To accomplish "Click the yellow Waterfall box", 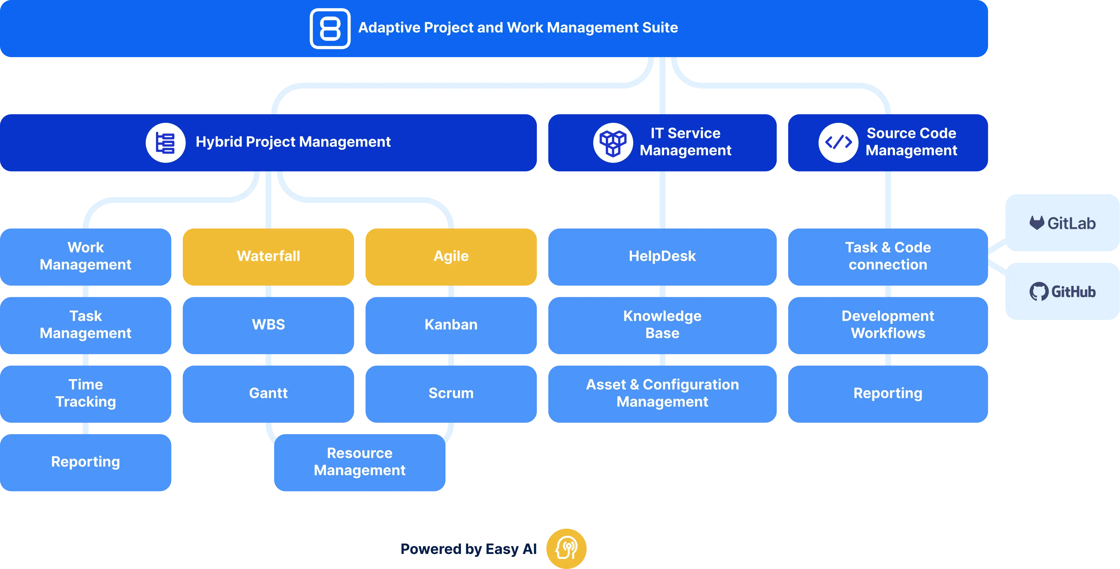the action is (268, 257).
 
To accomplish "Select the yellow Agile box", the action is (451, 257).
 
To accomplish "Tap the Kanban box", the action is (451, 325).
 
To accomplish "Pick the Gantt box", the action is (268, 394).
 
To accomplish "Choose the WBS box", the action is (268, 325).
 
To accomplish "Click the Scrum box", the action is (451, 394).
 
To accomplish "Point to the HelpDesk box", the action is (662, 257).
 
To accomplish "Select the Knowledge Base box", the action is (662, 325).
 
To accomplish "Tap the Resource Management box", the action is (360, 462).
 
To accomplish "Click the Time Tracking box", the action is (86, 394).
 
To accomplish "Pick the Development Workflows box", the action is (888, 325).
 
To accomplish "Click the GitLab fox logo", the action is (1037, 223).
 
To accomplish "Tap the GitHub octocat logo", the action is (1039, 292).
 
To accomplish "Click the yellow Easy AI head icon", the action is (566, 549).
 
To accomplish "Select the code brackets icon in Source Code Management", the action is (838, 142).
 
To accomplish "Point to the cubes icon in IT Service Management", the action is (613, 142).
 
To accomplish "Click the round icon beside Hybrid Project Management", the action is (165, 142).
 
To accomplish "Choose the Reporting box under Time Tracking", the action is (86, 462).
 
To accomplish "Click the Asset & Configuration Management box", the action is (662, 394).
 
